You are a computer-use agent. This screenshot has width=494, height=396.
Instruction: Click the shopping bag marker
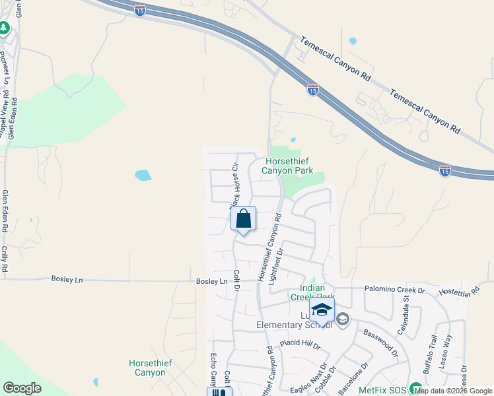click(243, 219)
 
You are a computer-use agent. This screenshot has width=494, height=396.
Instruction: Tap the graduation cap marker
click(322, 310)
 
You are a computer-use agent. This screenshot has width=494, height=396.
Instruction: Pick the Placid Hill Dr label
click(299, 344)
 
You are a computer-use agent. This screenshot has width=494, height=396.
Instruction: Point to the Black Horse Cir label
click(234, 187)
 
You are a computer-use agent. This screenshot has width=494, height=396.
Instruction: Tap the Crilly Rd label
click(5, 259)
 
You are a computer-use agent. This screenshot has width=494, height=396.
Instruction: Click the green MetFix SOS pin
click(415, 388)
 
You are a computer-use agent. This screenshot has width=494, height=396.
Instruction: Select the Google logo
click(22, 388)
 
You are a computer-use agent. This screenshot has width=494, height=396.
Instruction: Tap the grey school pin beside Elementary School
click(342, 320)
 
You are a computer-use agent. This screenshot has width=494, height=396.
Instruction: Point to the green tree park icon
click(4, 28)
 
